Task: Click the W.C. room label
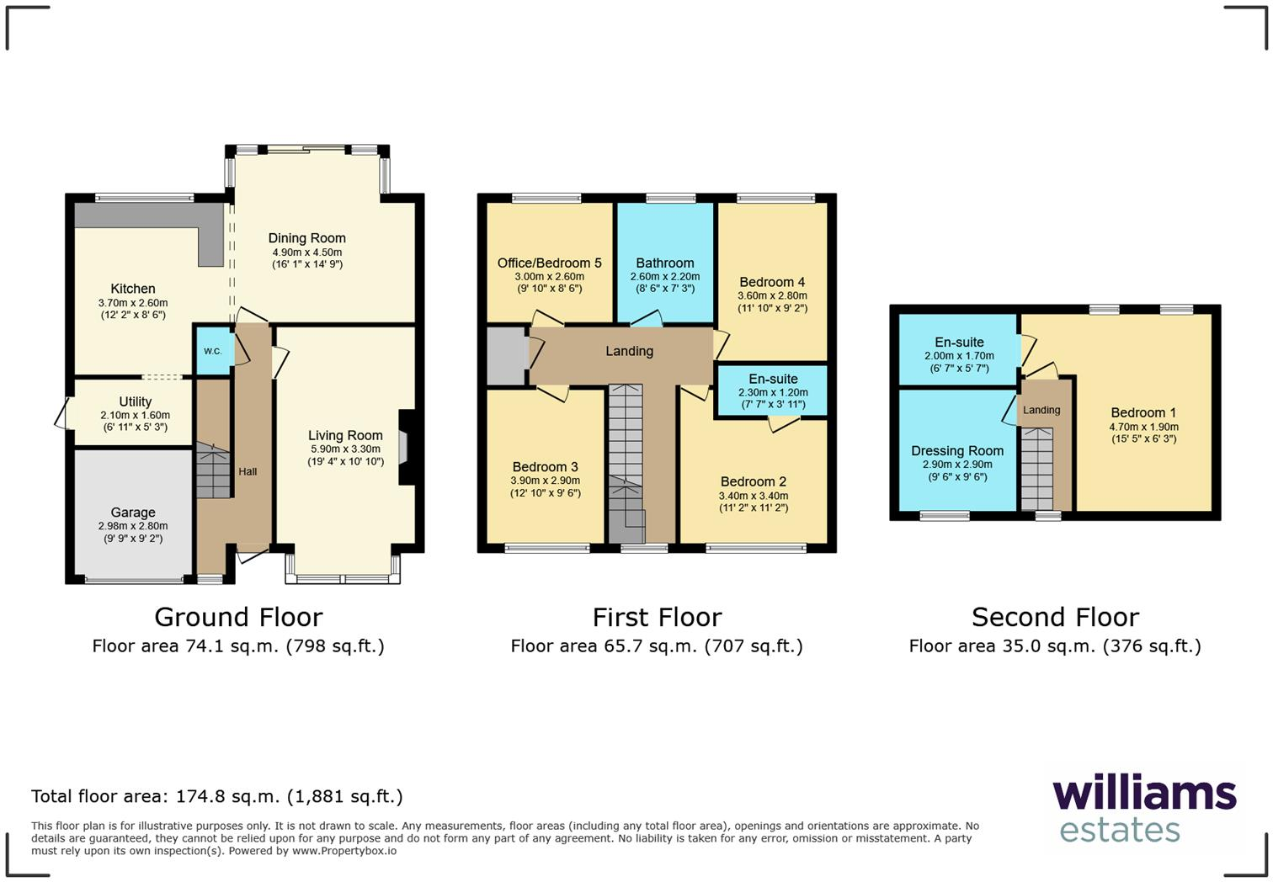pyautogui.click(x=212, y=351)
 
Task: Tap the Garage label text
pyautogui.click(x=133, y=512)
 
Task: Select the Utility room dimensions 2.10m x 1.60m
pyautogui.click(x=135, y=415)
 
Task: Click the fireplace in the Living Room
pyautogui.click(x=404, y=446)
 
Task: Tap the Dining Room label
pyautogui.click(x=306, y=238)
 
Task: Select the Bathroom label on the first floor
pyautogui.click(x=664, y=263)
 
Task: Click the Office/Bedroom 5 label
pyautogui.click(x=549, y=263)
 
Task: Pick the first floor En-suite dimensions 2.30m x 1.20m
pyautogui.click(x=772, y=392)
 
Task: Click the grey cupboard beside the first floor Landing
pyautogui.click(x=505, y=356)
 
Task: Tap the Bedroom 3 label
pyautogui.click(x=545, y=467)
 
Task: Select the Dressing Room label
pyautogui.click(x=957, y=451)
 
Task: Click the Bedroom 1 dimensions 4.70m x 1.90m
pyautogui.click(x=1143, y=427)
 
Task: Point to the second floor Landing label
pyautogui.click(x=1041, y=410)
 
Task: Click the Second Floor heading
pyautogui.click(x=1055, y=617)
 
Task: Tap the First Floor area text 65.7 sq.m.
pyautogui.click(x=657, y=646)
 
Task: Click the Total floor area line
pyautogui.click(x=217, y=796)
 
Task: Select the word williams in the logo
pyautogui.click(x=1144, y=793)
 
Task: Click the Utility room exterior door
pyautogui.click(x=61, y=415)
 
